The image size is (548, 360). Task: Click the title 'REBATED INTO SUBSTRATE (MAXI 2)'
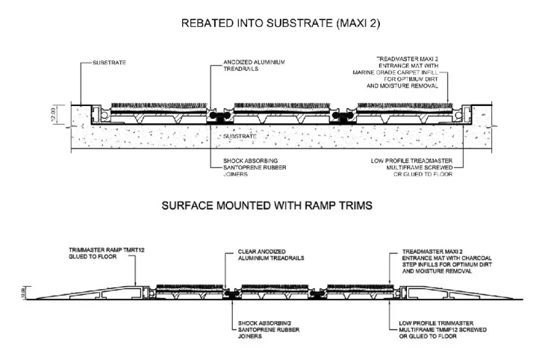click(281, 23)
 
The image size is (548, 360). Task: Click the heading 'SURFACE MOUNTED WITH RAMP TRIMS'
click(267, 205)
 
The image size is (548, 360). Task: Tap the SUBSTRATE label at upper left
click(109, 63)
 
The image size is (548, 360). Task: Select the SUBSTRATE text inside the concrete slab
click(240, 136)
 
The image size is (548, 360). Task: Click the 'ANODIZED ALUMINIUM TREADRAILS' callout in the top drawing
click(254, 66)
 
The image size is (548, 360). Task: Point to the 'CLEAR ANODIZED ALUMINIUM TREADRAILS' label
click(271, 255)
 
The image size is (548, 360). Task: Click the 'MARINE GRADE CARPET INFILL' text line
click(395, 72)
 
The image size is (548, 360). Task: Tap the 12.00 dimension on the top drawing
click(53, 114)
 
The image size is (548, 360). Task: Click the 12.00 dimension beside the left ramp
click(24, 293)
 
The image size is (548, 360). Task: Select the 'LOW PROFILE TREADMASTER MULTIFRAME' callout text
click(411, 167)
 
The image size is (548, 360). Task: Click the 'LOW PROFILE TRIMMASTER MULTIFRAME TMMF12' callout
click(443, 329)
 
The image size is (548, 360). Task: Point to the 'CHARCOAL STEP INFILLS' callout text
click(447, 261)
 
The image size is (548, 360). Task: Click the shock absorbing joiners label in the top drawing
click(255, 167)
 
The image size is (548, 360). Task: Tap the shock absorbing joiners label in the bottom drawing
click(269, 329)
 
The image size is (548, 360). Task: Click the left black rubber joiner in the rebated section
click(220, 116)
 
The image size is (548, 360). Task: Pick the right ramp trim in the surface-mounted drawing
click(461, 293)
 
